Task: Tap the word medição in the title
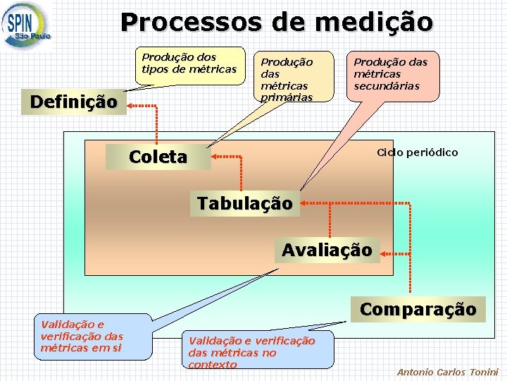tap(374, 23)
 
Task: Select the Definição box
tap(73, 102)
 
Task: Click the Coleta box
tap(158, 157)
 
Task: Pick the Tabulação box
tap(244, 203)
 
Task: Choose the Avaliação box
tap(327, 250)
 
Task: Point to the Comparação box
tap(418, 309)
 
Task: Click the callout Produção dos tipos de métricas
tap(189, 63)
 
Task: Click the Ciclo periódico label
tap(417, 152)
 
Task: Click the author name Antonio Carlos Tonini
tap(447, 372)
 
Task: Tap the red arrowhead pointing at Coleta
tap(216, 157)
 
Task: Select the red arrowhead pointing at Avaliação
tap(384, 251)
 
